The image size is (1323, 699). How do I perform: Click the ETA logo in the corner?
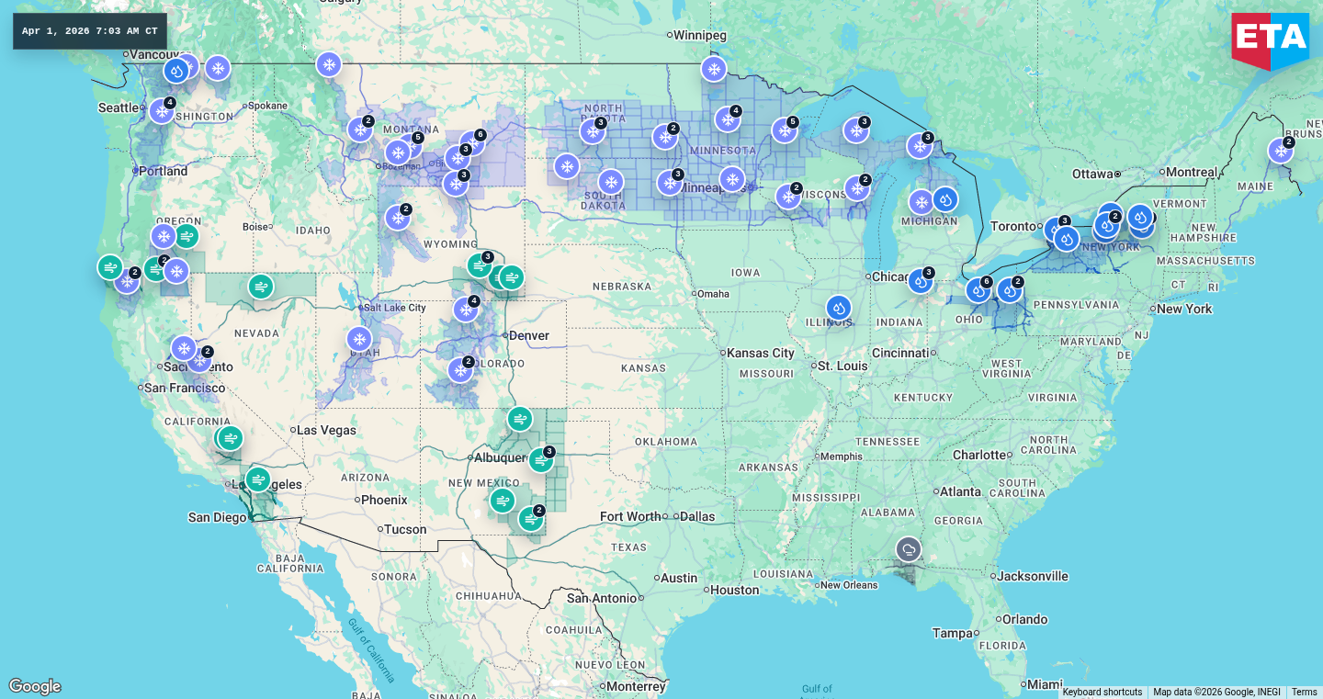click(1270, 39)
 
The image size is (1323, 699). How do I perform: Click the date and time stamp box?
click(90, 31)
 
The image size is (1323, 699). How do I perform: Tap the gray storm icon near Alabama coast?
click(909, 549)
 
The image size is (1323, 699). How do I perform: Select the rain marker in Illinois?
click(838, 308)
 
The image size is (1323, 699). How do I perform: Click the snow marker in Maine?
click(1280, 151)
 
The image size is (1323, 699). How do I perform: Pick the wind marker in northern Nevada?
click(261, 287)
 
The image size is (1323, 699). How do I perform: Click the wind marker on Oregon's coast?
click(110, 267)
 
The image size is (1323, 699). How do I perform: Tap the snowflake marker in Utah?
click(359, 339)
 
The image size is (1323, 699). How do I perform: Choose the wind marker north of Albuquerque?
click(520, 419)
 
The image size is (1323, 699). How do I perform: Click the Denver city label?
click(528, 335)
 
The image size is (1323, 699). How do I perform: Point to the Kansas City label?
click(762, 353)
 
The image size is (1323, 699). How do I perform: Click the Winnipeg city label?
click(699, 35)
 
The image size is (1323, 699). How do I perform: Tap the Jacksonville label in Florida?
click(1034, 576)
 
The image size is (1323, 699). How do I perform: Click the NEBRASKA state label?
click(622, 287)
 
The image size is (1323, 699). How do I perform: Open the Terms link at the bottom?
click(1304, 692)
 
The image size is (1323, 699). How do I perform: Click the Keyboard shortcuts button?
click(1102, 692)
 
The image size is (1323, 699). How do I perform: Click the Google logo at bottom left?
click(35, 686)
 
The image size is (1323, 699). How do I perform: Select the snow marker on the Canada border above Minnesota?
click(713, 69)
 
